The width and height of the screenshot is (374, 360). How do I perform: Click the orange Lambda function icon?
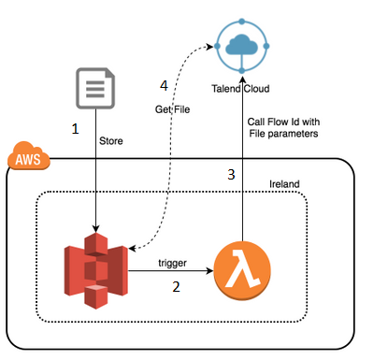coord(242,271)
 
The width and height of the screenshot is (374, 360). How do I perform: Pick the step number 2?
coord(176,289)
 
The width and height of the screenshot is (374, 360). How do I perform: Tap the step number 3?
coord(230,175)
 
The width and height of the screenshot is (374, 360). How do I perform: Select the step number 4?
coord(165,86)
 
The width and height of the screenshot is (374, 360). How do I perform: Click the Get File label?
coord(173,109)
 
